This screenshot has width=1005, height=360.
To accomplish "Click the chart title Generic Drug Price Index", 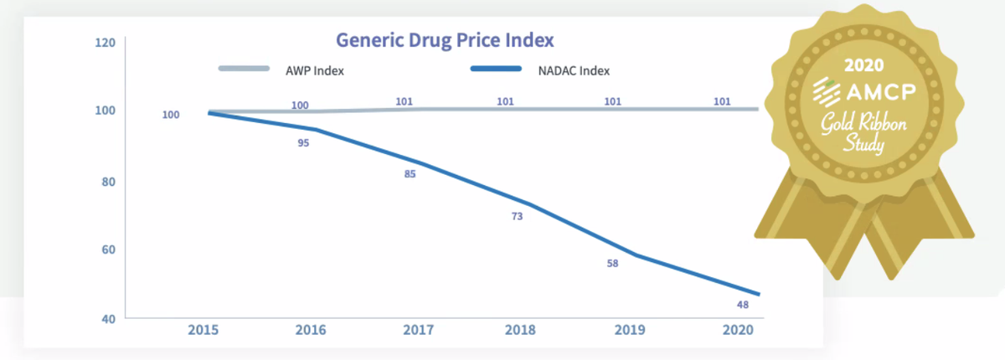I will point(445,39).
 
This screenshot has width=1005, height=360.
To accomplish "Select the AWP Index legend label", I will point(314,70).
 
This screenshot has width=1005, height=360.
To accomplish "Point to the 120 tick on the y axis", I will point(105,41).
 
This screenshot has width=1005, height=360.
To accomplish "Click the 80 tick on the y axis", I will point(107,181).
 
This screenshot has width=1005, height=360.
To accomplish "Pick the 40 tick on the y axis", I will point(107,319).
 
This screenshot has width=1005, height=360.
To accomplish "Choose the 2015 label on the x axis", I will point(204,330).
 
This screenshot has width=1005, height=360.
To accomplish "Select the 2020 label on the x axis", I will point(736,330).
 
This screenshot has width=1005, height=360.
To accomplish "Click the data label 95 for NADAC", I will point(303,143).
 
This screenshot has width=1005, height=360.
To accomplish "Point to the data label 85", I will point(410,174).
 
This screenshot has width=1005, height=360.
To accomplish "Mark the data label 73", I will point(517,217).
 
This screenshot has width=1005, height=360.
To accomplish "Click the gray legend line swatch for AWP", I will point(244,69).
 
